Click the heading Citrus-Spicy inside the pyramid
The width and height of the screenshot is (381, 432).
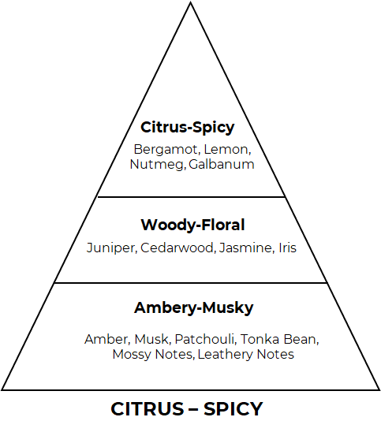coord(188,128)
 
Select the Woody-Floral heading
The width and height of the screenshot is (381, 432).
coord(192,225)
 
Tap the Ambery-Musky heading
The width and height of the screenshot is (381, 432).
coord(193,308)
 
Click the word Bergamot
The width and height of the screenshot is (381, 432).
coord(166,150)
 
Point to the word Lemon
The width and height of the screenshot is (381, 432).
coord(227,150)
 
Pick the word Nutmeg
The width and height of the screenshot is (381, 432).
coord(157,165)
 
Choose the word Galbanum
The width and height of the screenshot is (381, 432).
coord(222,164)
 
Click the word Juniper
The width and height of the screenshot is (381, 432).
coord(110,248)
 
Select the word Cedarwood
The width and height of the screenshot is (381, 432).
coord(177,248)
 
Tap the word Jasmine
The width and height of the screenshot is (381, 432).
coord(245,248)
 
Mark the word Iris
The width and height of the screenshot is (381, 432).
coord(288,248)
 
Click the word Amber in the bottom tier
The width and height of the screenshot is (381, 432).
coord(106,339)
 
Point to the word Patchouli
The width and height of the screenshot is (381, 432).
coord(204,339)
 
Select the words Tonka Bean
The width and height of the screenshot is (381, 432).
coord(278,339)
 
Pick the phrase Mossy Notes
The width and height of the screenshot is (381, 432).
coord(152,354)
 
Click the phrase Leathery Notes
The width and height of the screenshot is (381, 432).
coord(246,354)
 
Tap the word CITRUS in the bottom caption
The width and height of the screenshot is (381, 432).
coord(148,409)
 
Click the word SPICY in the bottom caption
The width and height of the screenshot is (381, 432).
coord(233,409)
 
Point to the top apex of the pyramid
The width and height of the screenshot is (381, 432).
coord(190,2)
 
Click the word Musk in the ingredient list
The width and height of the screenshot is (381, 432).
coord(151,339)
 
